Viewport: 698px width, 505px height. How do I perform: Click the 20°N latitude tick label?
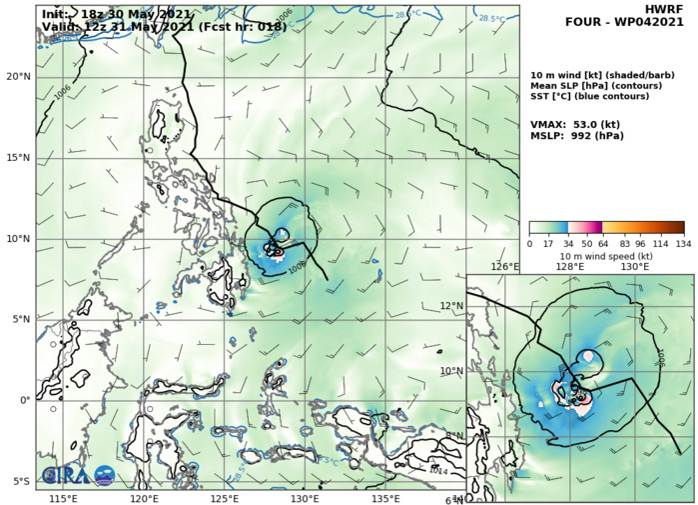(x=18, y=77)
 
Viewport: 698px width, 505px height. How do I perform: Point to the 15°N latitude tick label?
(x=18, y=158)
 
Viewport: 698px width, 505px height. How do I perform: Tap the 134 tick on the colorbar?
(x=684, y=243)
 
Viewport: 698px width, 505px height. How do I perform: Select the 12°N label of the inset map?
(x=452, y=306)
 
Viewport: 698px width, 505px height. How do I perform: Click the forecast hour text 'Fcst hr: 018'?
(x=247, y=27)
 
